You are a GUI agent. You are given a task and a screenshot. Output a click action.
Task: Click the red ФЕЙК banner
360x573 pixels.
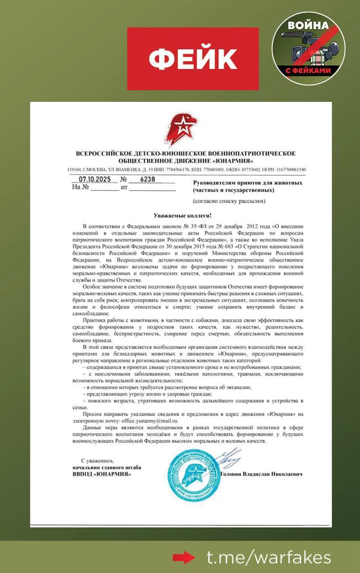pyautogui.click(x=192, y=59)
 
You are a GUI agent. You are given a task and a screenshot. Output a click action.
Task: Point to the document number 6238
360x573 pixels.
pyautogui.click(x=148, y=179)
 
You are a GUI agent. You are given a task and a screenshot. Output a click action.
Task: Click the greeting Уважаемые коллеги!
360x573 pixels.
pyautogui.click(x=182, y=215)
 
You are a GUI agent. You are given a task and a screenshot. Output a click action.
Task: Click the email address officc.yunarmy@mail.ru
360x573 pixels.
pyautogui.click(x=153, y=419)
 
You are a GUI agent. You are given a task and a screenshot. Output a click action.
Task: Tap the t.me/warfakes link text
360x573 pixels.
pyautogui.click(x=269, y=558)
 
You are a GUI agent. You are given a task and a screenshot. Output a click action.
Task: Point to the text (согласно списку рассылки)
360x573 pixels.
pyautogui.click(x=229, y=202)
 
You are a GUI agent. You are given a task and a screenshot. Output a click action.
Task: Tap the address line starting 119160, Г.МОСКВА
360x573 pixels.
pyautogui.click(x=186, y=169)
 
